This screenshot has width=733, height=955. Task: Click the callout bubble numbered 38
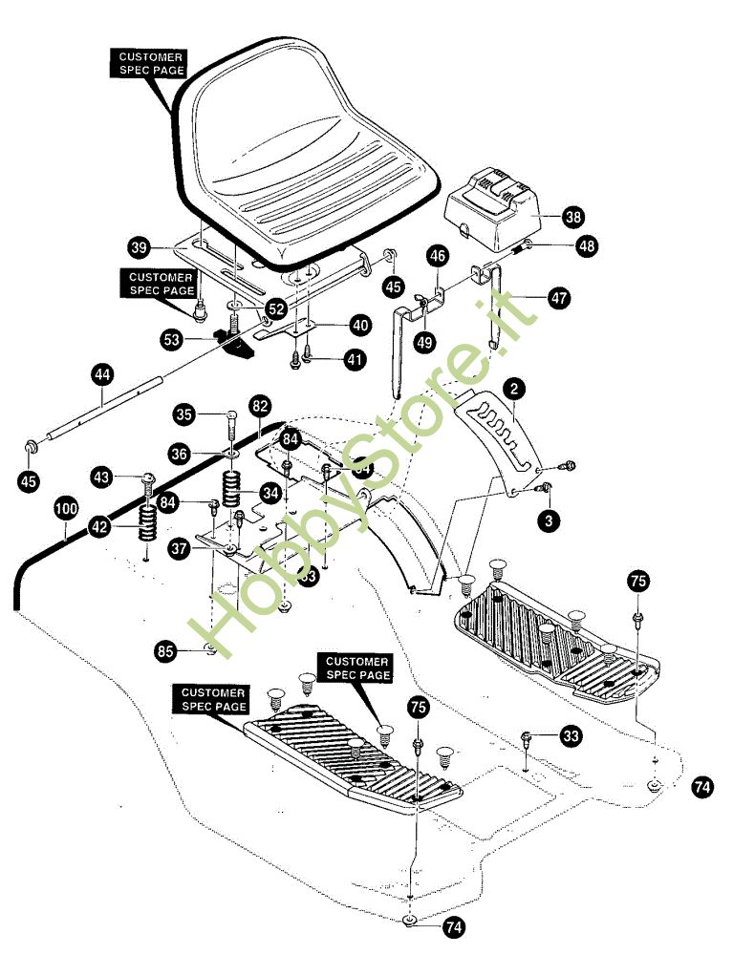tap(573, 217)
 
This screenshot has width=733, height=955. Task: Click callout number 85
tap(166, 651)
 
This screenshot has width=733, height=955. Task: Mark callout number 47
tap(559, 298)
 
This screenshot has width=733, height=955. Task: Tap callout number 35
tap(185, 414)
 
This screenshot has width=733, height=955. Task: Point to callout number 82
tap(259, 405)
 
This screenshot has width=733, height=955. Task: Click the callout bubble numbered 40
tap(359, 325)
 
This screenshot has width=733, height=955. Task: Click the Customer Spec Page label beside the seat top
tap(151, 64)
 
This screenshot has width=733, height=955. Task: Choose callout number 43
tap(103, 475)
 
